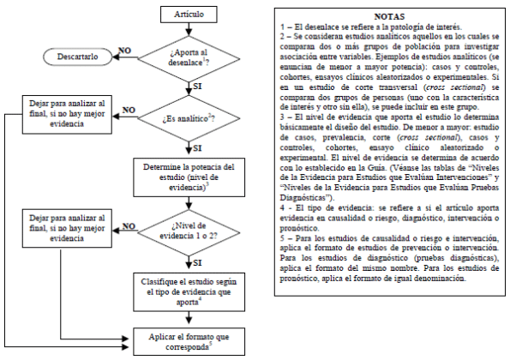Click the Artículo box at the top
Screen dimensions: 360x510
(x=189, y=16)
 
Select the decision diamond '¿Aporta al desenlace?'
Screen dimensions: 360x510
(x=189, y=58)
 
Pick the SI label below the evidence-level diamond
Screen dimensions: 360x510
(x=200, y=261)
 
